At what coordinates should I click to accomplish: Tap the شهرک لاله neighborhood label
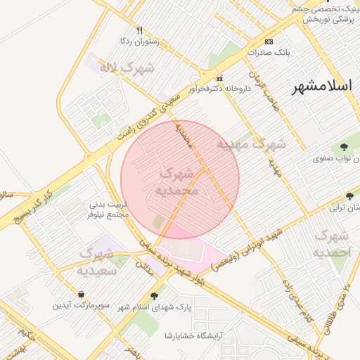click(127, 69)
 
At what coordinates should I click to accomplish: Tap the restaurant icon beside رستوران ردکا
click(139, 30)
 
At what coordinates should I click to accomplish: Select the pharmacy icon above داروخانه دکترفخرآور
click(221, 78)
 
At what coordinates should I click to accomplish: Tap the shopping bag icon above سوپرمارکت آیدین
click(82, 295)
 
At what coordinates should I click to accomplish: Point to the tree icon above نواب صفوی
click(344, 147)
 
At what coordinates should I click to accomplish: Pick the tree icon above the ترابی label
click(350, 196)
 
